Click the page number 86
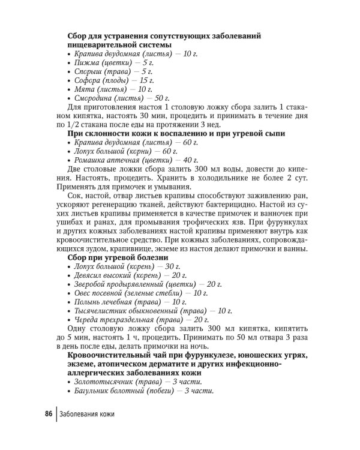tap(47, 414)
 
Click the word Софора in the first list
tap(88, 80)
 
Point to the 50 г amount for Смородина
tap(162, 98)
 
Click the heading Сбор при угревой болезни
tap(117, 257)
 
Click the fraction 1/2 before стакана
tap(71, 125)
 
